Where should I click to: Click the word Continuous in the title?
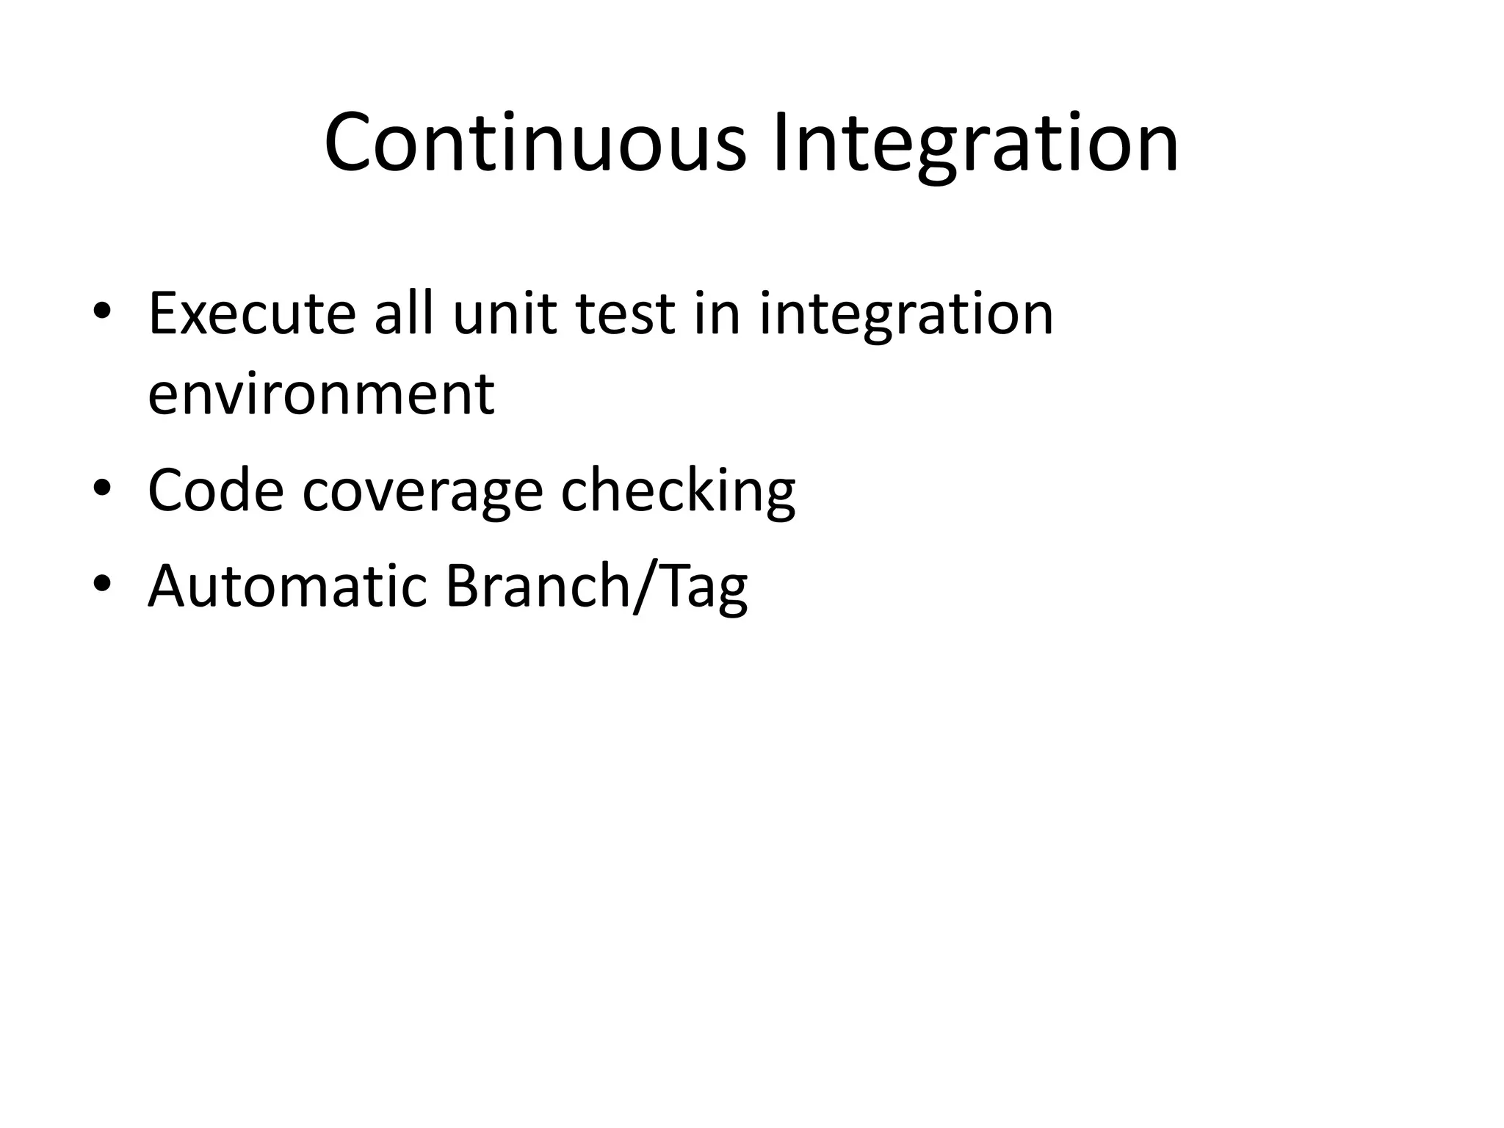point(535,142)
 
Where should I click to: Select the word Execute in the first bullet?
point(252,314)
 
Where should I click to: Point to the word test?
point(625,314)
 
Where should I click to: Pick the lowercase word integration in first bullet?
point(906,314)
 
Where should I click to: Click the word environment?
point(321,394)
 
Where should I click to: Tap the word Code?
point(215,491)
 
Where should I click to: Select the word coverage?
point(422,491)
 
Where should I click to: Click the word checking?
point(678,491)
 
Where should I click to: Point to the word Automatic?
point(287,585)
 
